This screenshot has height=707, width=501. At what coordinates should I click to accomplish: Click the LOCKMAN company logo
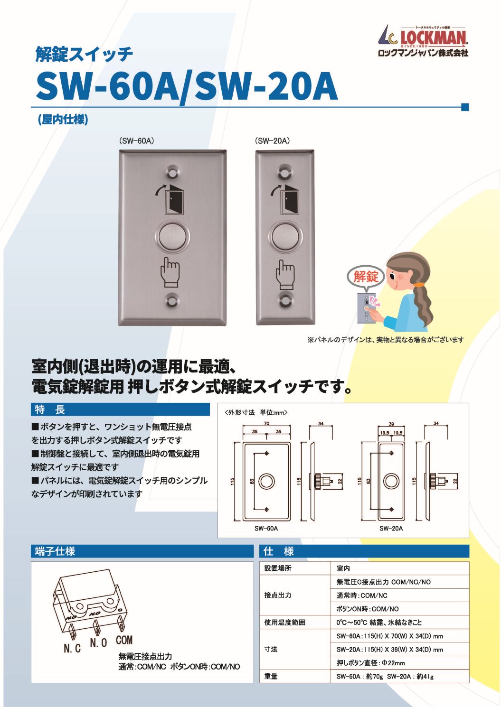[423, 41]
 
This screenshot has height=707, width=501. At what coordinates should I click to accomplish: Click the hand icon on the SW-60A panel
[170, 272]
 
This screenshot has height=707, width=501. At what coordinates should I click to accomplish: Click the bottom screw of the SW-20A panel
[285, 301]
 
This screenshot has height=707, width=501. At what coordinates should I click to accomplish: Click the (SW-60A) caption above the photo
[137, 141]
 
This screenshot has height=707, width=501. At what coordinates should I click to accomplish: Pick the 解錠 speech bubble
[366, 276]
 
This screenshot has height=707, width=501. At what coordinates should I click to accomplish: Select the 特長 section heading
[50, 409]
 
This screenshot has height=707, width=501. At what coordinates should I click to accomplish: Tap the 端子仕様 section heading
[55, 551]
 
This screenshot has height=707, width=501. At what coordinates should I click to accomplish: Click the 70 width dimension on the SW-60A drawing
[266, 423]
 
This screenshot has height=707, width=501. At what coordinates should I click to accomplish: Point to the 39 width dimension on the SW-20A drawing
[391, 424]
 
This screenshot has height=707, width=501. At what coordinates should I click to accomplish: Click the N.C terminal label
[72, 648]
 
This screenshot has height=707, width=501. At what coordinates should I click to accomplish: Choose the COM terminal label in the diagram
[124, 640]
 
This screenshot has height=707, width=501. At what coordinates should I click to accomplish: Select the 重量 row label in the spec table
[271, 676]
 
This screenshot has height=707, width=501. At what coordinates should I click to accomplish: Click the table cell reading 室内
[343, 568]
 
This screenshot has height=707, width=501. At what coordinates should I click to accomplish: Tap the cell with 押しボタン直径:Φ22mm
[370, 663]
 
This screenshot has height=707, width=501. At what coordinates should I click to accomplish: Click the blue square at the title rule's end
[465, 107]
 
